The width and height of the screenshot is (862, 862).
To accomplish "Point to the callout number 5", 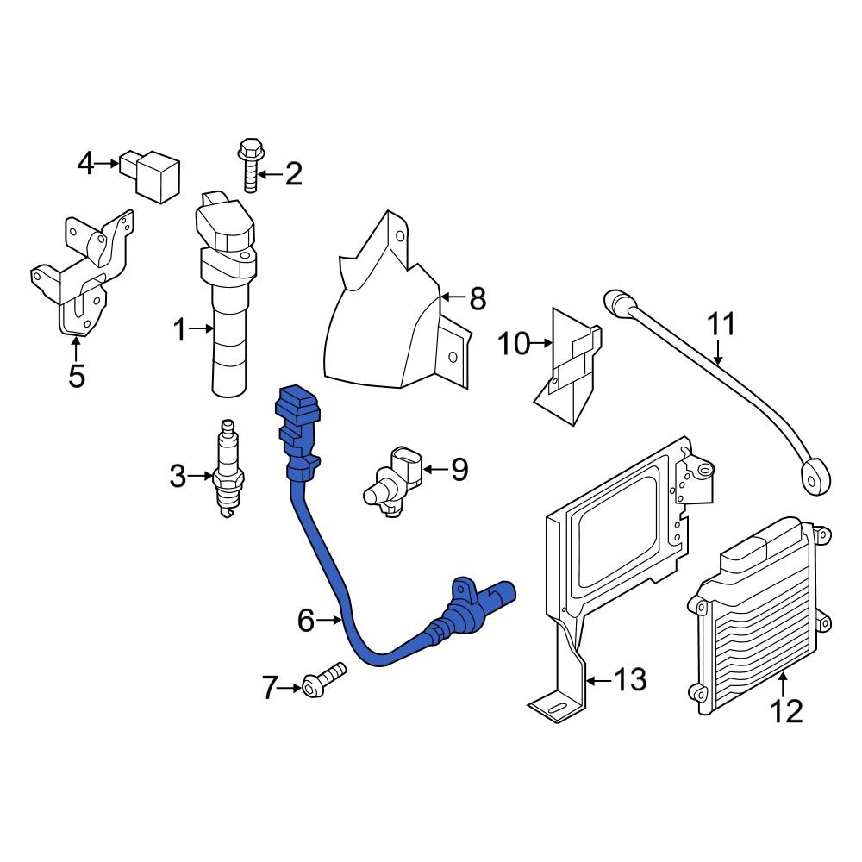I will point(76,376).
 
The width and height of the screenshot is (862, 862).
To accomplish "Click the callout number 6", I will point(307,619).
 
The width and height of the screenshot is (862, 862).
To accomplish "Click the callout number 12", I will point(786,710).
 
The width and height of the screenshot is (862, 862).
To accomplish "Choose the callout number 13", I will point(630,680).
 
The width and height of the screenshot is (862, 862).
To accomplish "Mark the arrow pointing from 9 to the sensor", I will point(435,470).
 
